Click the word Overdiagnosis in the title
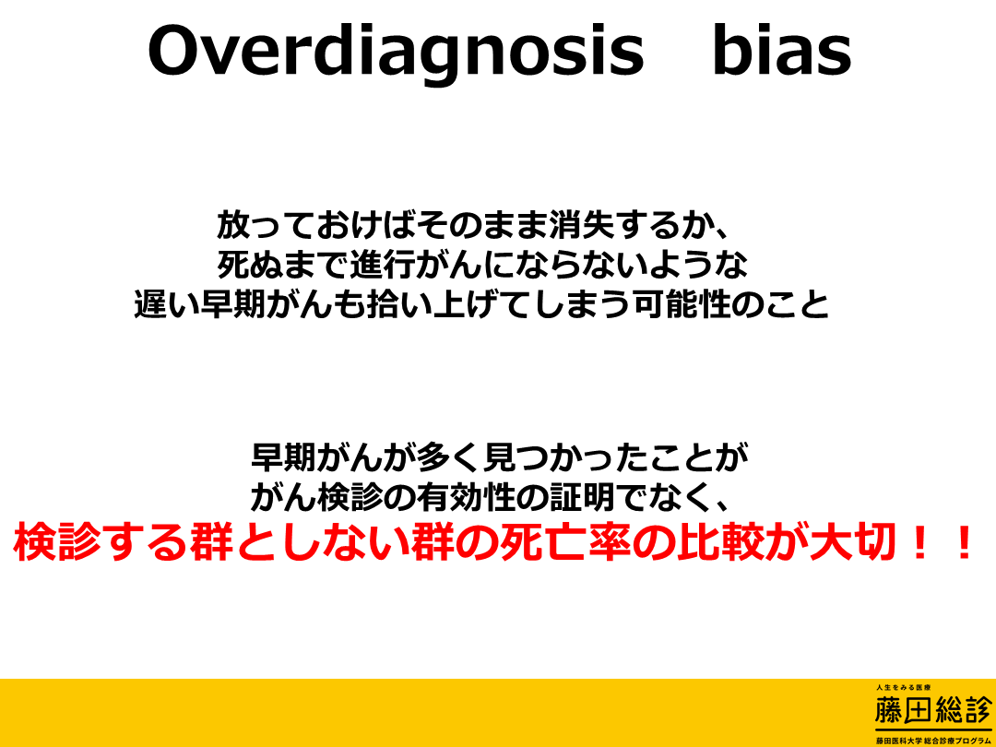pyautogui.click(x=397, y=51)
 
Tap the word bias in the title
pyautogui.click(x=782, y=50)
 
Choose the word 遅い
pyautogui.click(x=167, y=305)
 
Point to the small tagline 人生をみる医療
pyautogui.click(x=903, y=688)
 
